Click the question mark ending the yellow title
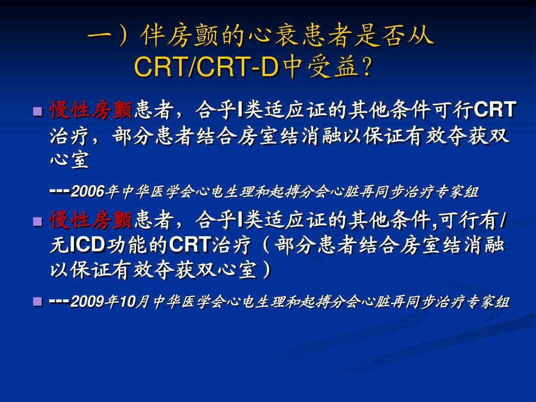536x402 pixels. click(366, 66)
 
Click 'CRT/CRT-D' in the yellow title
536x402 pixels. click(206, 66)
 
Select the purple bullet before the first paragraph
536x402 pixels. click(38, 112)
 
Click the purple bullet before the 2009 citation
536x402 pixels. click(38, 302)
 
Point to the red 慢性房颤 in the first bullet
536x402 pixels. click(91, 110)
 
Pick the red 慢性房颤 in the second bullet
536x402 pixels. click(91, 220)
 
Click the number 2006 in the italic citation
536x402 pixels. click(87, 192)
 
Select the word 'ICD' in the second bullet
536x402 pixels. click(87, 245)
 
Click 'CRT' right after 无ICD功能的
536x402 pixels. click(190, 245)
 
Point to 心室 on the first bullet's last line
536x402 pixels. click(70, 160)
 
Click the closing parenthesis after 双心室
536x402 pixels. click(267, 270)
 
